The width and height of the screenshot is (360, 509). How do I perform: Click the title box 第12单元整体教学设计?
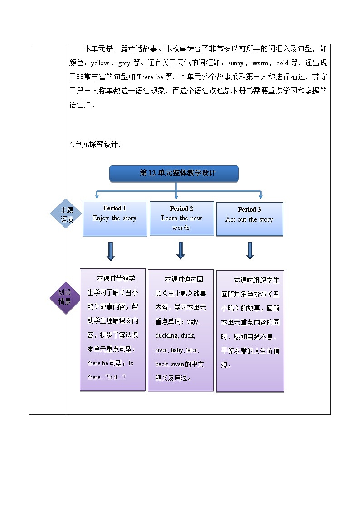click(174, 173)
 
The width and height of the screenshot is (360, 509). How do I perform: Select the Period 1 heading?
click(115, 208)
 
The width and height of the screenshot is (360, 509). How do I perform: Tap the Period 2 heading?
click(181, 209)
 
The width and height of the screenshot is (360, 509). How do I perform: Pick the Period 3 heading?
click(249, 209)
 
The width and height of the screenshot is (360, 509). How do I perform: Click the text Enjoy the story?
click(115, 218)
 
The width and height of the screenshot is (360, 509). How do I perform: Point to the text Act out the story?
click(249, 220)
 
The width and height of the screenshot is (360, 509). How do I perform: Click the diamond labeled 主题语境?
click(67, 214)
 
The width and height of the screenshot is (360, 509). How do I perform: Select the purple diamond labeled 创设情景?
click(64, 298)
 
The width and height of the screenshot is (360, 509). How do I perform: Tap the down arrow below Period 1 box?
click(110, 252)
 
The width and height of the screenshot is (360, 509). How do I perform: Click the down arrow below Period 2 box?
click(180, 250)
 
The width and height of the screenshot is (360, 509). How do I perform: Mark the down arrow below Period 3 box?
click(250, 251)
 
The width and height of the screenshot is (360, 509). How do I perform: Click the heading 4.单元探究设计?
click(95, 145)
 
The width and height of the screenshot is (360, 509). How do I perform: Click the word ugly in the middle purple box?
click(193, 322)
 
